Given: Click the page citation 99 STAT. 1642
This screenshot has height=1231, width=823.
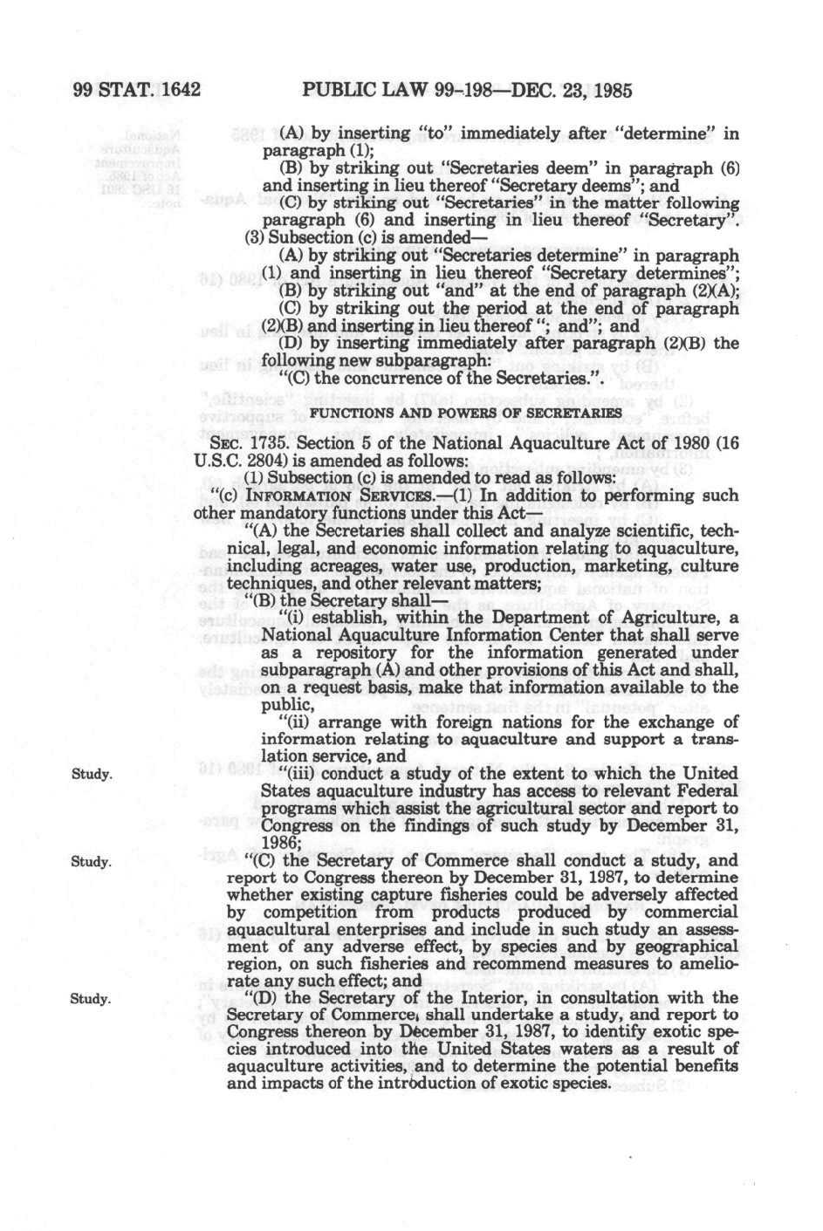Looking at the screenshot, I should [137, 91].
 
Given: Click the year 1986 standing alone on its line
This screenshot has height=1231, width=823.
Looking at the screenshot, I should [281, 842].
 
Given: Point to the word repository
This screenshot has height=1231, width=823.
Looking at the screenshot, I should [344, 653].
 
